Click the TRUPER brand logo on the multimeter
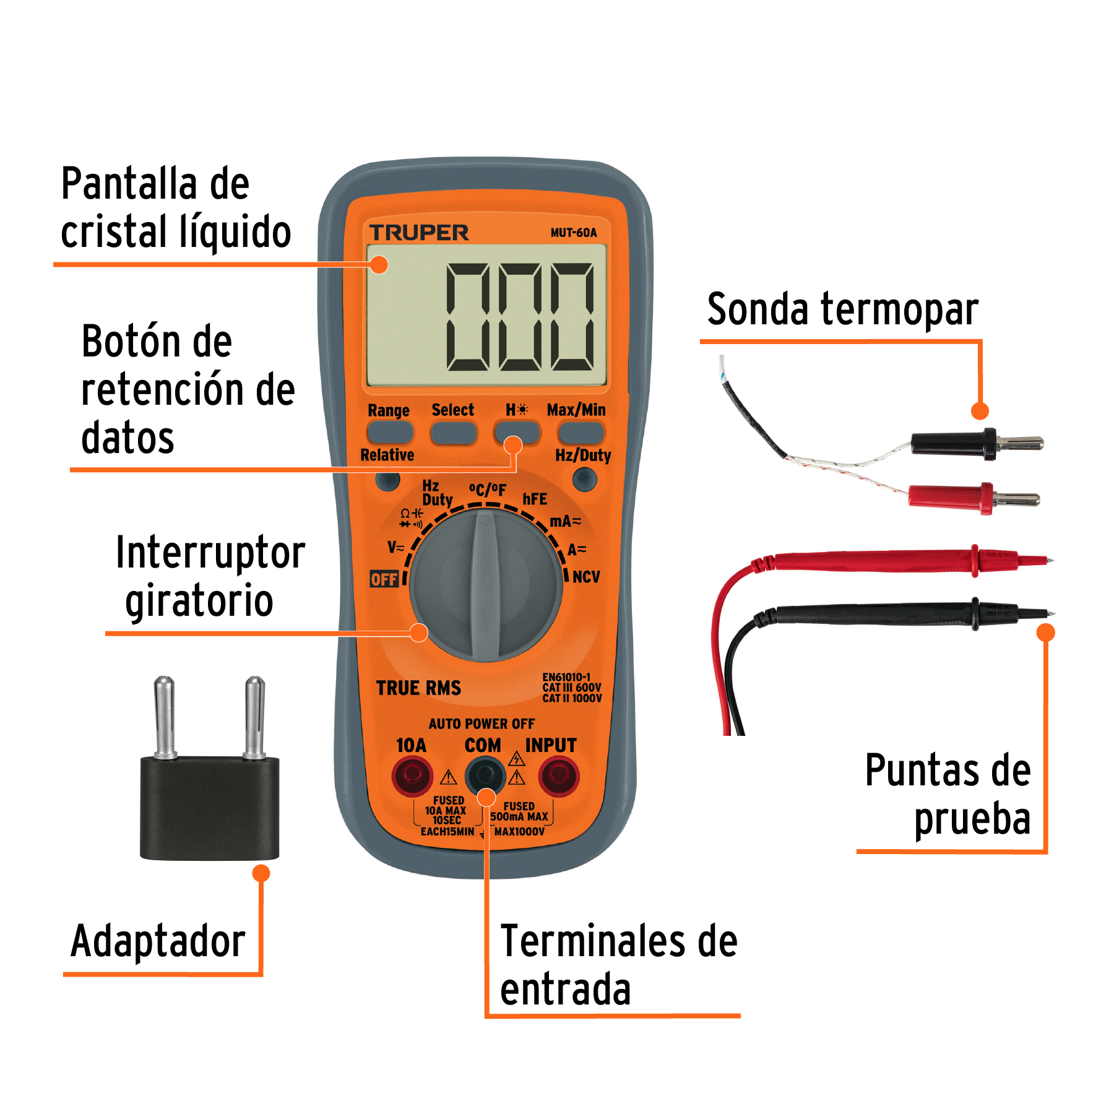[x=419, y=233]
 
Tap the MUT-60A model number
[x=574, y=233]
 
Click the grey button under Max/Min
[x=581, y=433]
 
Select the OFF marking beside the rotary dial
[x=384, y=579]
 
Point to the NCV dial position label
[x=585, y=577]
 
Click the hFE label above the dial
[x=535, y=499]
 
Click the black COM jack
[x=485, y=775]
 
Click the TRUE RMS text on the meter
[x=418, y=688]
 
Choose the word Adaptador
[x=158, y=942]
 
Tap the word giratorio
[x=199, y=602]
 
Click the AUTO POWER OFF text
[x=481, y=723]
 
